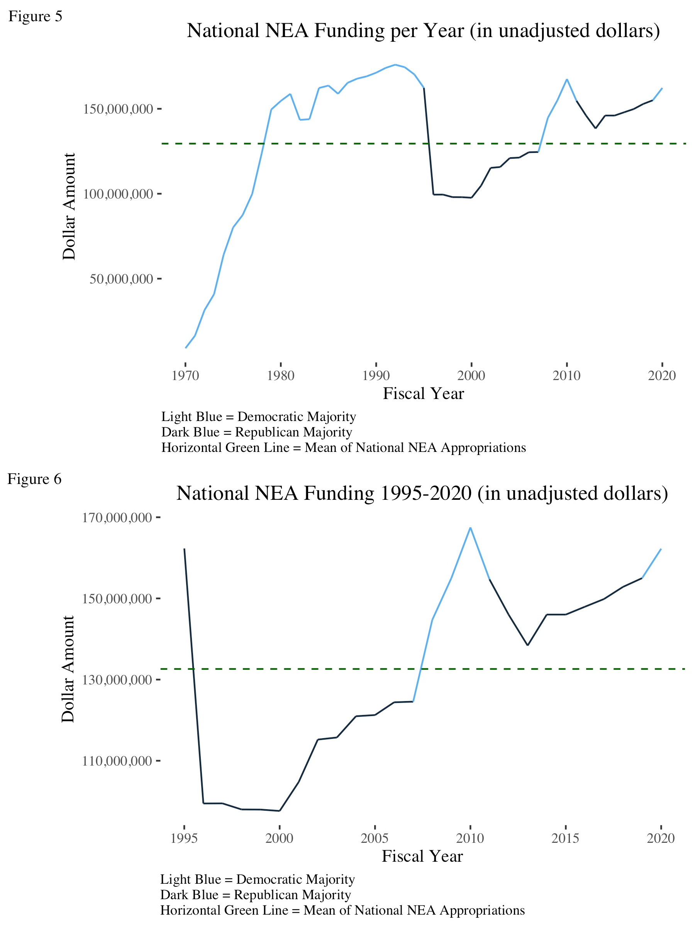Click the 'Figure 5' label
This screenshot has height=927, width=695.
35,16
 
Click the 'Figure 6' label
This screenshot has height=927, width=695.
34,479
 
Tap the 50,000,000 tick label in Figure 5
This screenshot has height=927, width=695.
121,279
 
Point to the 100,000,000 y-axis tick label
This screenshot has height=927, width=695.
118,194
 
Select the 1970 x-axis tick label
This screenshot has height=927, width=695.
185,375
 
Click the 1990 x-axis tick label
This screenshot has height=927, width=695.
376,375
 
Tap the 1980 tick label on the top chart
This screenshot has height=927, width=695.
280,375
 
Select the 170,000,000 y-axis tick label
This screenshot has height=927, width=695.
117,518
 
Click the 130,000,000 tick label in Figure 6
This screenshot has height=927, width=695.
117,680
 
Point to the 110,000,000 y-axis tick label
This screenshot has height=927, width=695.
117,761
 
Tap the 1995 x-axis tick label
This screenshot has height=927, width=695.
184,838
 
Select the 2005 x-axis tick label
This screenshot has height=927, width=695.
375,838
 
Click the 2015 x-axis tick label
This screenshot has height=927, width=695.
565,838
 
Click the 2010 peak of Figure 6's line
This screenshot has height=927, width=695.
470,528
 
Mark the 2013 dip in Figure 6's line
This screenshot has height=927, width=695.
528,645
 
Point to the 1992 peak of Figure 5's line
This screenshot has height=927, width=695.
395,65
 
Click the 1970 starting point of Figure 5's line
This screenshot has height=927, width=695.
186,347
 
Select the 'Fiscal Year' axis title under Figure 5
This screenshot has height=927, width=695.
423,394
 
